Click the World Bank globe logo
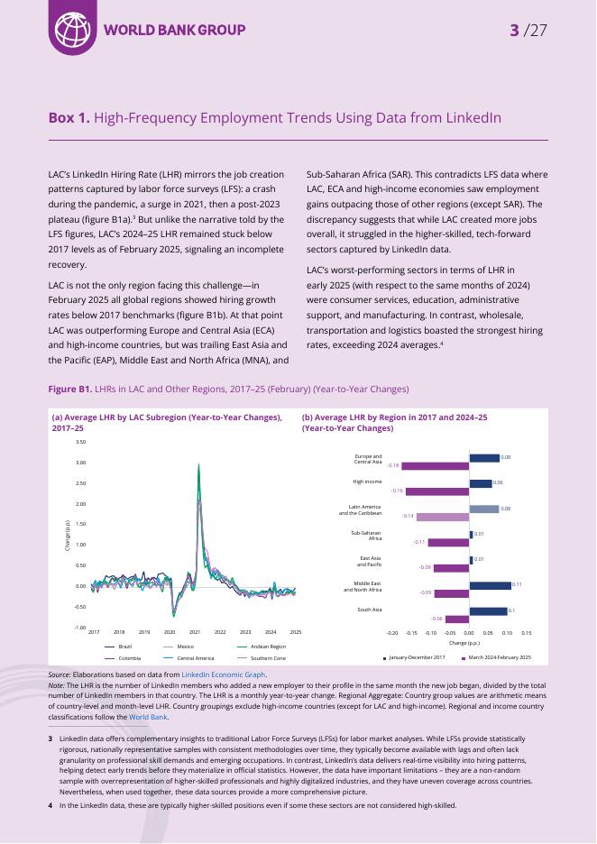pyautogui.click(x=73, y=30)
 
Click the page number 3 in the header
pyautogui.click(x=514, y=31)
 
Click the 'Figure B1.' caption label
pyautogui.click(x=70, y=389)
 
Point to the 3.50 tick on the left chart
pyautogui.click(x=81, y=442)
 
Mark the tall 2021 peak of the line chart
pyautogui.click(x=198, y=465)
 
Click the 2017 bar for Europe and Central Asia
pyautogui.click(x=484, y=458)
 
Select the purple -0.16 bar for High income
pyautogui.click(x=437, y=491)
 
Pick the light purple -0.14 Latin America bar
pyautogui.click(x=443, y=517)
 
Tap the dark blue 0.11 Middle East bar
pyautogui.click(x=490, y=585)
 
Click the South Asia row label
pyautogui.click(x=369, y=610)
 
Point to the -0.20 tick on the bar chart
pyautogui.click(x=392, y=633)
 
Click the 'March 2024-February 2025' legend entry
pyautogui.click(x=499, y=658)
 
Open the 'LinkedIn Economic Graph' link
pyautogui.click(x=224, y=674)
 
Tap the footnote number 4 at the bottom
pyautogui.click(x=50, y=805)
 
